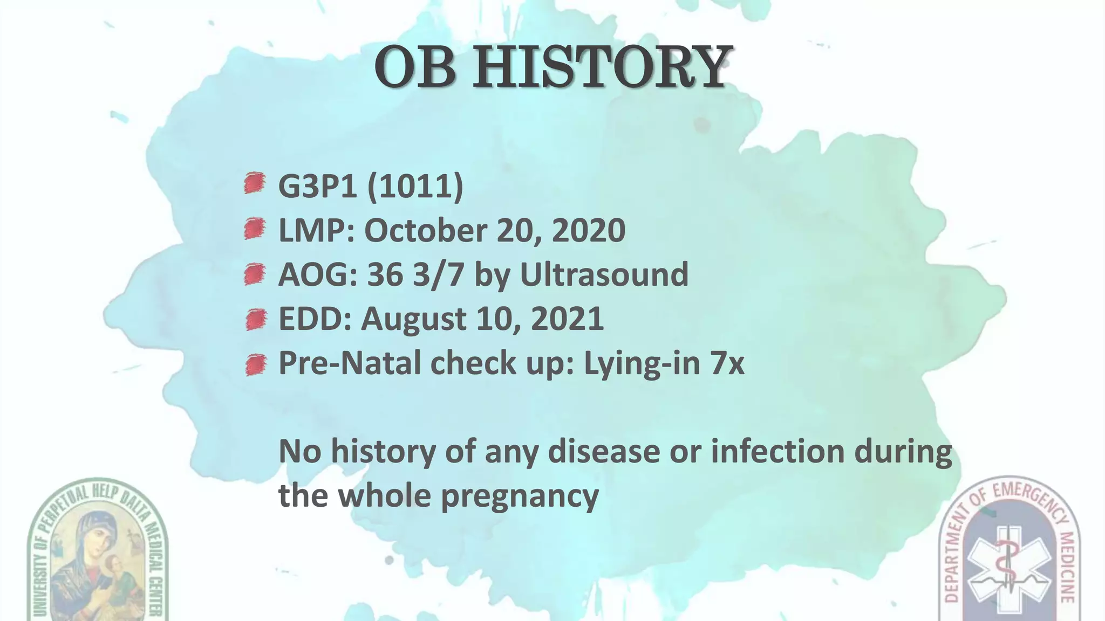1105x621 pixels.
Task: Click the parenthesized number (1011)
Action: [x=415, y=186]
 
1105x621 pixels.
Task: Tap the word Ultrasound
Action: [x=604, y=275]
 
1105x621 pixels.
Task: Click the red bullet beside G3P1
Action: [x=254, y=183]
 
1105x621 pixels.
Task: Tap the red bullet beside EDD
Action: [x=255, y=320]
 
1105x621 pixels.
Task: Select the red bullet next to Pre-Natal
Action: [x=255, y=365]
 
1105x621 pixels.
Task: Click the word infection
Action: [x=777, y=451]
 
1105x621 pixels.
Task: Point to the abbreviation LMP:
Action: [x=316, y=231]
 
